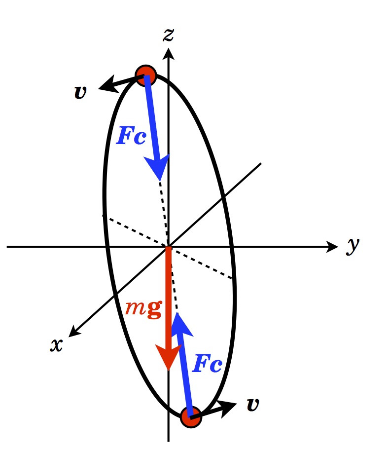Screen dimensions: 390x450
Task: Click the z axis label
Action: pyautogui.click(x=169, y=35)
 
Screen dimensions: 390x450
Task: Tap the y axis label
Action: pyautogui.click(x=352, y=245)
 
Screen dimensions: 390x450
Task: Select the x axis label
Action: pyautogui.click(x=57, y=344)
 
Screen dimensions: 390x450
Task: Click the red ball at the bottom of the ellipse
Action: pyautogui.click(x=190, y=417)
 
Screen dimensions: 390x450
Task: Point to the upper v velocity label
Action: pyautogui.click(x=79, y=92)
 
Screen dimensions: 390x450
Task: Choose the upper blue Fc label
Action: pyautogui.click(x=131, y=136)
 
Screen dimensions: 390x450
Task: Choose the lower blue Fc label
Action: pyautogui.click(x=207, y=364)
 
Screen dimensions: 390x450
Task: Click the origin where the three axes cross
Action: pyautogui.click(x=169, y=246)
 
